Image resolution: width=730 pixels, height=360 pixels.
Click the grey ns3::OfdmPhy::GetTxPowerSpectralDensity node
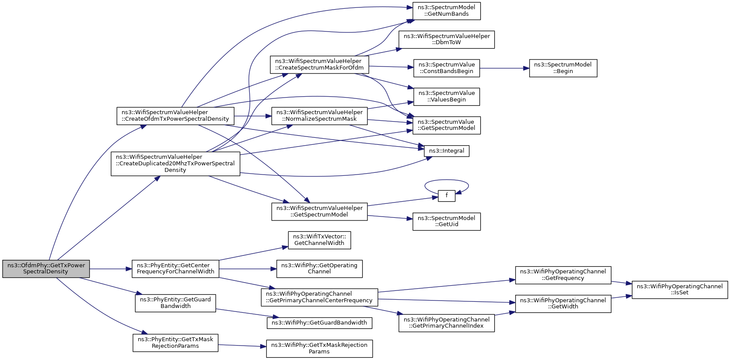[46, 269]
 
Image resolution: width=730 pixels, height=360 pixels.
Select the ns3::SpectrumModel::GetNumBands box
[447, 11]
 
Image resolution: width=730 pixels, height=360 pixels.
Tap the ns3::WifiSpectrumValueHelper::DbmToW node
[447, 39]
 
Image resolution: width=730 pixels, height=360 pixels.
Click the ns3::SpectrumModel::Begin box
[563, 68]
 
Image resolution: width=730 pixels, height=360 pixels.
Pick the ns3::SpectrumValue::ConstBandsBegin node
[447, 68]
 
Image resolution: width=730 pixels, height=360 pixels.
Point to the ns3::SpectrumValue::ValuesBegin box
[447, 97]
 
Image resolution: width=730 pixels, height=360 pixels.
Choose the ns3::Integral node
[447, 151]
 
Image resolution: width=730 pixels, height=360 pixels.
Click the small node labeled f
[447, 196]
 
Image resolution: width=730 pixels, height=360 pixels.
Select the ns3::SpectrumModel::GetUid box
[447, 221]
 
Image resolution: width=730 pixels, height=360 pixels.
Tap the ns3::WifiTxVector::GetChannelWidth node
[319, 240]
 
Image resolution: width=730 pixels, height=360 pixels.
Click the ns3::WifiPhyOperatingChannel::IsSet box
[680, 290]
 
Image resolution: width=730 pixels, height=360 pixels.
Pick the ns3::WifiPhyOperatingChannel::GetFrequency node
[563, 275]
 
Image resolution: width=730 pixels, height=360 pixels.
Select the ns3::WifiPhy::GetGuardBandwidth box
[319, 323]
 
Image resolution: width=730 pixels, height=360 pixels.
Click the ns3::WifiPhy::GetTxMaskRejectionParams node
[319, 349]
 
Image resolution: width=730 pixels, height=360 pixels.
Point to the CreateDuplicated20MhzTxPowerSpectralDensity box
[175, 164]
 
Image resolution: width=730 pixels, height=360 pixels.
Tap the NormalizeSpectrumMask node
[319, 116]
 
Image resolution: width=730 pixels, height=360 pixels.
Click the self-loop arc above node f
[447, 180]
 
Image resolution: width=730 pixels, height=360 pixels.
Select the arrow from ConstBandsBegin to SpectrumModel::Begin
[504, 68]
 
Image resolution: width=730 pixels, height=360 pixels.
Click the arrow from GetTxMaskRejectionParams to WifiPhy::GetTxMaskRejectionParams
[242, 346]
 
